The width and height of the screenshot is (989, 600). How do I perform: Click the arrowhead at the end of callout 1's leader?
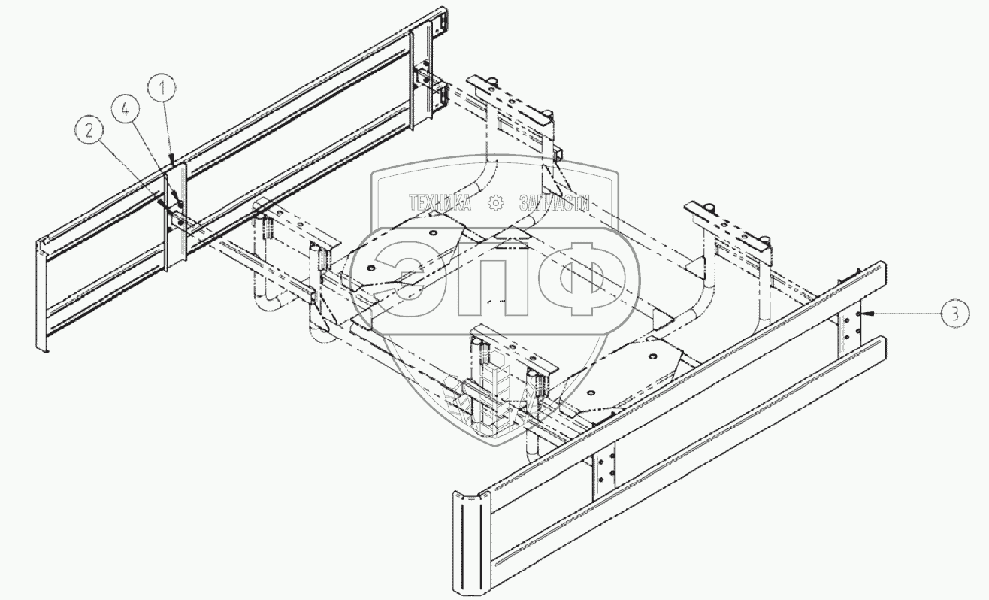(173, 162)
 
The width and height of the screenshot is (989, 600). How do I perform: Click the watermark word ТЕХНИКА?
(440, 202)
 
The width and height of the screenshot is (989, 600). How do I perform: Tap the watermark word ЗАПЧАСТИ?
(554, 202)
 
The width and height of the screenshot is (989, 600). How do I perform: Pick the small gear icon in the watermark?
(495, 202)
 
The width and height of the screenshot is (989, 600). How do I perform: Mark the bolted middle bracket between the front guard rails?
(604, 472)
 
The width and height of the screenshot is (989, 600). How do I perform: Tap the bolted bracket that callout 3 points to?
(849, 325)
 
